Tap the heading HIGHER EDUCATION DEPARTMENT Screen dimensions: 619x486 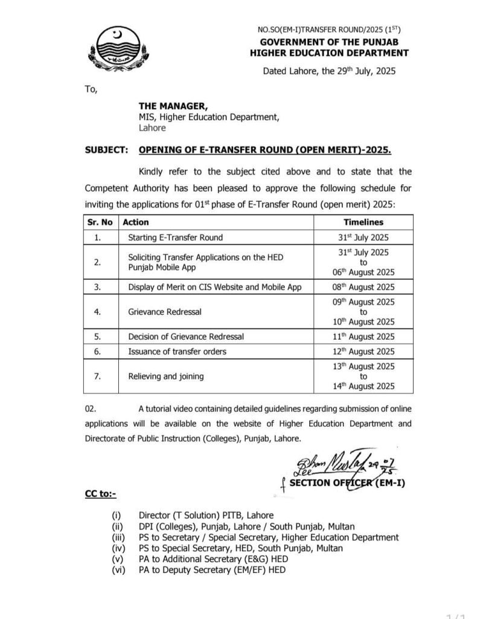329,53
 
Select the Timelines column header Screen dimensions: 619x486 363,222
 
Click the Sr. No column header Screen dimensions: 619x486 97,222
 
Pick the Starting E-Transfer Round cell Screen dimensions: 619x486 175,238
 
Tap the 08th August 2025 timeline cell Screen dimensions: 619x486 363,287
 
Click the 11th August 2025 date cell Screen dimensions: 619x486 363,337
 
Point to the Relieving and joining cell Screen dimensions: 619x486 166,376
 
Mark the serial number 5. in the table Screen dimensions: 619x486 97,337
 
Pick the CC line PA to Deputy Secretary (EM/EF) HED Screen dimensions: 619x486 212,569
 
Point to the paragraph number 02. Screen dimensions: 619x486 91,409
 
